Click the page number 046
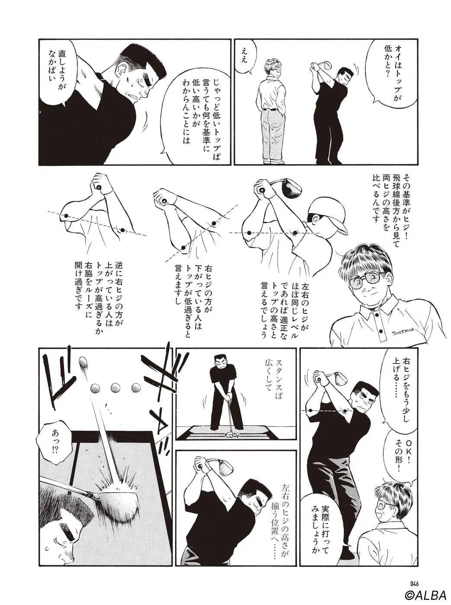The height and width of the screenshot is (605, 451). pos(414,583)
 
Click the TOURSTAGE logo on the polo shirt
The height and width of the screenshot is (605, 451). pos(403,331)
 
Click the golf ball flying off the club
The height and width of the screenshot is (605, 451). pos(83,362)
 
